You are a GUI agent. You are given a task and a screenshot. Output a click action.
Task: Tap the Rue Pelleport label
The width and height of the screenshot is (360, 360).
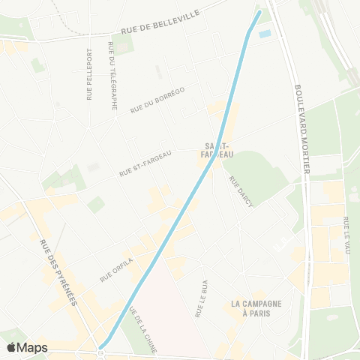90,74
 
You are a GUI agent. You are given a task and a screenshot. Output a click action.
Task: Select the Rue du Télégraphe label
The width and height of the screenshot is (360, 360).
112,76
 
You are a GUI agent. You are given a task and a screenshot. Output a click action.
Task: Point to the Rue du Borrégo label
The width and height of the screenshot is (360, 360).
157,100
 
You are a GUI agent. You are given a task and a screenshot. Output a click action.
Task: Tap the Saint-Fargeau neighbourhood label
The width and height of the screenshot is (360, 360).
216,149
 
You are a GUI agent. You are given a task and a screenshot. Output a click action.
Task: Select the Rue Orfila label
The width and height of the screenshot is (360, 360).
116,270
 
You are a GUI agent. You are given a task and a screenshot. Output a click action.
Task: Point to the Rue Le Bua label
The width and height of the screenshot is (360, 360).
201,299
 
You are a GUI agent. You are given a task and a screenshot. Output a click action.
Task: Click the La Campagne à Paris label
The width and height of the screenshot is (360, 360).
256,308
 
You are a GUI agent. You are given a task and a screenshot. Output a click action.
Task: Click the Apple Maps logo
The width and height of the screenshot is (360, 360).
27,347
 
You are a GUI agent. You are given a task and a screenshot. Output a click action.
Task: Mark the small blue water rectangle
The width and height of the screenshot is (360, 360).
264,34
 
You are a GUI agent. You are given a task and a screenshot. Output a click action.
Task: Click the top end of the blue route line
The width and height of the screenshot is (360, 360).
260,12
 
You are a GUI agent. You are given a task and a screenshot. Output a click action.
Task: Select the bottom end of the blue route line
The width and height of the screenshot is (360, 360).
101,346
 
